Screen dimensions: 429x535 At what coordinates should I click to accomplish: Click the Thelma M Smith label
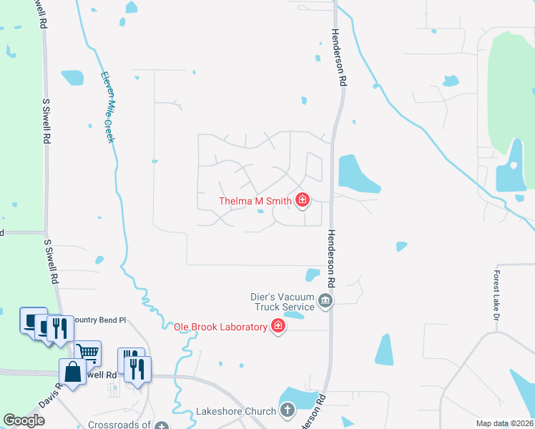pos(255,201)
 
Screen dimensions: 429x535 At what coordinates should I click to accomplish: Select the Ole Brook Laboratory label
pos(220,327)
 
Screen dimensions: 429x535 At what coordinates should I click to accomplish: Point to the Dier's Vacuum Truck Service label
pos(284,300)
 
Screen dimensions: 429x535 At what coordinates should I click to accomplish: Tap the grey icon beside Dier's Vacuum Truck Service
pos(325,300)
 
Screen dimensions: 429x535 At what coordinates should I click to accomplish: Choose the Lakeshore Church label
pos(236,411)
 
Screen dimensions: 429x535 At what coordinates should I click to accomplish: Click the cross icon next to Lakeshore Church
pos(287,410)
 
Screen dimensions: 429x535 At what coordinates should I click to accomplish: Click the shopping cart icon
pos(87,352)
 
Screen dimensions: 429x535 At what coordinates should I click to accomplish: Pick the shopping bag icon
pos(73,372)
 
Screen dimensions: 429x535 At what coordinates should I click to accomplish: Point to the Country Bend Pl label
pos(100,320)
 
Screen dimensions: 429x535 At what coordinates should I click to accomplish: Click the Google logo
pos(24,420)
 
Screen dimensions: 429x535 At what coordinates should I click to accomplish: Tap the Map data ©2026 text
pos(504,423)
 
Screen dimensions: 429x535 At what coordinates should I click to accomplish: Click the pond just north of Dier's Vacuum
pos(313,274)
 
